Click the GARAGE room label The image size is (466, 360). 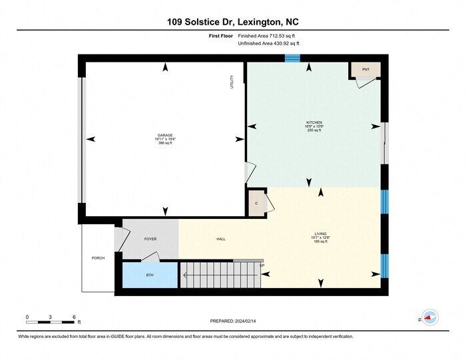[x=165, y=135]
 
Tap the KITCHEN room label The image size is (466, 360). [x=314, y=123]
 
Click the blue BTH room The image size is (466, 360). [x=150, y=275]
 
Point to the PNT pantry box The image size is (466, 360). [x=365, y=69]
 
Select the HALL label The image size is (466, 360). [x=221, y=239]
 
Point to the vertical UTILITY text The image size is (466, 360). [x=232, y=83]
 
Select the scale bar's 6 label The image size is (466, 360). [x=74, y=316]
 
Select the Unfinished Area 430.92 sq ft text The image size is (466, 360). [x=269, y=43]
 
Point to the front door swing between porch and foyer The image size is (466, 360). [x=121, y=236]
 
